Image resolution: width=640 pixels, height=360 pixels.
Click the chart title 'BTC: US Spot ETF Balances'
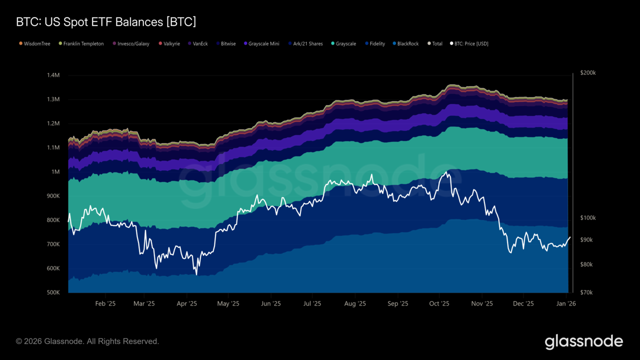pos(106,22)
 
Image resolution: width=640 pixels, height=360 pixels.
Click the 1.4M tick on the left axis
pos(53,75)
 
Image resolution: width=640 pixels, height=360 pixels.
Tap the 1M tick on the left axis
pos(55,172)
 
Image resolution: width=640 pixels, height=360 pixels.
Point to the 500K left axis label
pos(53,292)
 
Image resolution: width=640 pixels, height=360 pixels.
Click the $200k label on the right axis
pos(588,73)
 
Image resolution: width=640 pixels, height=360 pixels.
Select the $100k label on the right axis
pos(588,218)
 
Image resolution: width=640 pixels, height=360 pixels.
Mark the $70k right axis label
pos(586,292)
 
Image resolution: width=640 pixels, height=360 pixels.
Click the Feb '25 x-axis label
pos(105,303)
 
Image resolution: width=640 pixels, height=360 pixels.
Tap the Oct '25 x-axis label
pos(439,303)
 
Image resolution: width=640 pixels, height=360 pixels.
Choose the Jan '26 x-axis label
pos(565,303)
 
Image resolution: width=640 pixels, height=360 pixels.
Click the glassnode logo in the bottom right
pos(583,342)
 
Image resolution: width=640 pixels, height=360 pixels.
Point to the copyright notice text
pos(87,341)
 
